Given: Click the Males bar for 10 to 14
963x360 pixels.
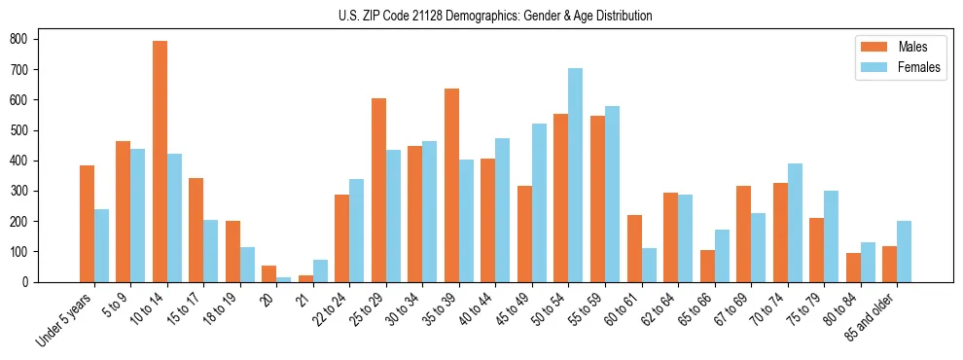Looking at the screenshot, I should pos(160,162).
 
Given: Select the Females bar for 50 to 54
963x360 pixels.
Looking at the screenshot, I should pos(575,175).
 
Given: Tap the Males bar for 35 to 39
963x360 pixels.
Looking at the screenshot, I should pos(451,185).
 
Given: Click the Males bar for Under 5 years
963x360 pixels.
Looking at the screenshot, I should pos(87,224).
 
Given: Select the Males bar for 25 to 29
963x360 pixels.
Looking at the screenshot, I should pos(378,190).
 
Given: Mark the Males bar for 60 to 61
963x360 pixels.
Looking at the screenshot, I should pos(634,248).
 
